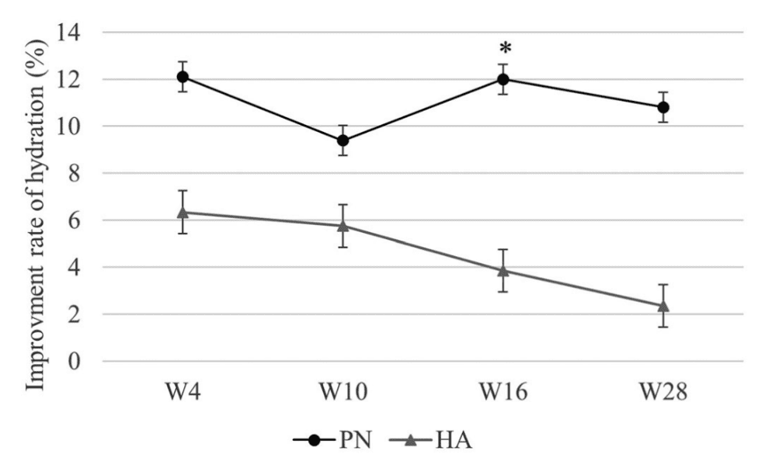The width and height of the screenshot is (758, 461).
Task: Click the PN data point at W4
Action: [183, 77]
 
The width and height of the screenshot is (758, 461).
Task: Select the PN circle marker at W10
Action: [342, 140]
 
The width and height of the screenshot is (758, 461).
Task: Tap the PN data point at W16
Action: [503, 79]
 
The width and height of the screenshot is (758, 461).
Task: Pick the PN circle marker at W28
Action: [663, 107]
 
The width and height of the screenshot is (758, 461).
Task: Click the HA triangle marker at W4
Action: [183, 211]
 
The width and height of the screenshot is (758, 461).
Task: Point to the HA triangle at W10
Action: [342, 225]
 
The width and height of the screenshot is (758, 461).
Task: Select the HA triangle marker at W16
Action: [503, 270]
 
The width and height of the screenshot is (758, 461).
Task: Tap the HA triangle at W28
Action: [663, 305]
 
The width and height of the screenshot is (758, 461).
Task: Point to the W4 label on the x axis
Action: [183, 393]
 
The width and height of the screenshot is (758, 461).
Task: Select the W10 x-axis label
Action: [342, 393]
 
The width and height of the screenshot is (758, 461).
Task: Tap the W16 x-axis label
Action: [503, 393]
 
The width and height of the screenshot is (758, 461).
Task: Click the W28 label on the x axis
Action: [663, 393]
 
